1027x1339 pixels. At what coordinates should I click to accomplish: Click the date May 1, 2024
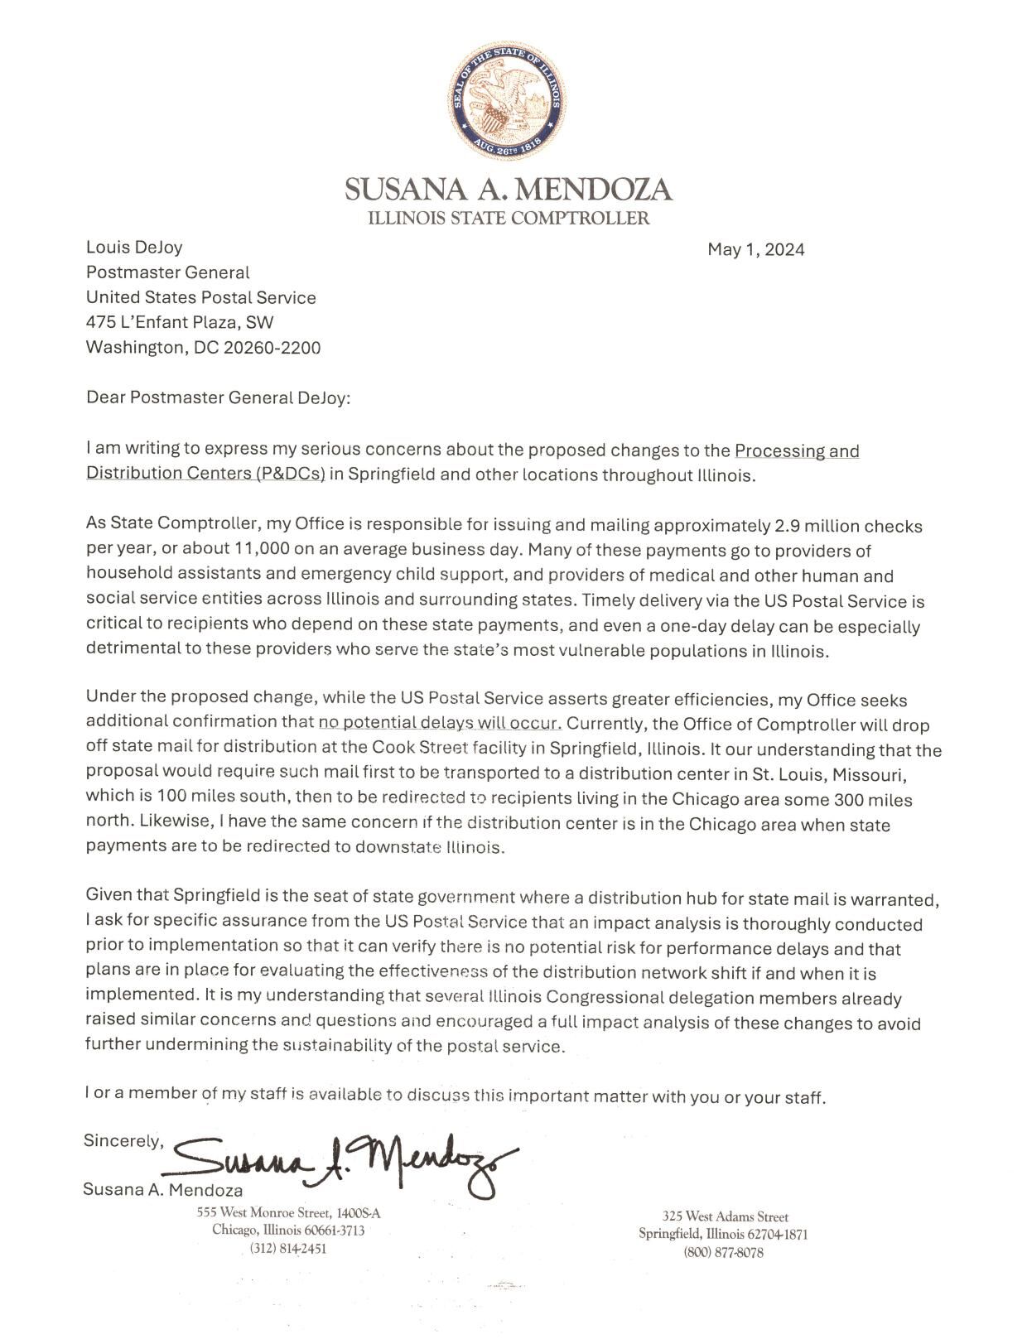pos(755,250)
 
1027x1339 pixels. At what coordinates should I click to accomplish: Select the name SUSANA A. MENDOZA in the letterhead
pos(509,190)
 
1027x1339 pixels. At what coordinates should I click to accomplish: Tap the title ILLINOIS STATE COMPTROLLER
pos(509,219)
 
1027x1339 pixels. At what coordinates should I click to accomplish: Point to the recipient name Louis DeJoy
pos(134,247)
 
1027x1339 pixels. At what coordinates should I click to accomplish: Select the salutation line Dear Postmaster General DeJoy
pos(219,397)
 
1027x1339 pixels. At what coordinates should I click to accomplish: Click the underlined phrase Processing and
pos(797,451)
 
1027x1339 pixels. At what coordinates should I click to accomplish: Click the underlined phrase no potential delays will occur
pos(440,724)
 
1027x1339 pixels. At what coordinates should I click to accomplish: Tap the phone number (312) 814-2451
pos(288,1249)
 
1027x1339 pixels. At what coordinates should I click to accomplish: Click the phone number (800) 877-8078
pos(723,1253)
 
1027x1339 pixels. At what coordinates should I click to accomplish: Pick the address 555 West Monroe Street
pos(288,1213)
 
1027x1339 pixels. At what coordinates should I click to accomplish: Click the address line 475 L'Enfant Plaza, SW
pos(180,322)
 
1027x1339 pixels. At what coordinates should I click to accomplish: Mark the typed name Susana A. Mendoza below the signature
pos(163,1190)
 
